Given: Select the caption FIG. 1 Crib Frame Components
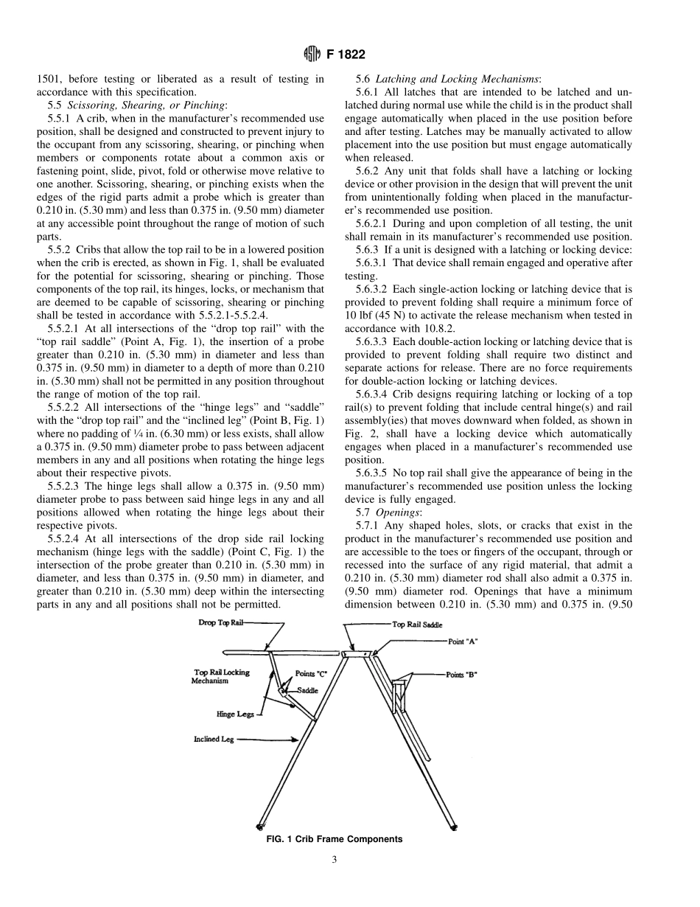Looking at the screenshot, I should coord(334,839).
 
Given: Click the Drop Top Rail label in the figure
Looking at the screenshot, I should coord(220,623).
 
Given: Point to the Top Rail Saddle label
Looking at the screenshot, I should coord(417,625).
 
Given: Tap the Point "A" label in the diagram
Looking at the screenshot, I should coord(462,642).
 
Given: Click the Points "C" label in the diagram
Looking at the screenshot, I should coord(310,674).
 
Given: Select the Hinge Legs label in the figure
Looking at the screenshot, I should coord(235,714).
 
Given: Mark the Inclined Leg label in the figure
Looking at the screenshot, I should coord(214,739).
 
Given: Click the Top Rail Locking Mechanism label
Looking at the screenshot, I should coord(221,676).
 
